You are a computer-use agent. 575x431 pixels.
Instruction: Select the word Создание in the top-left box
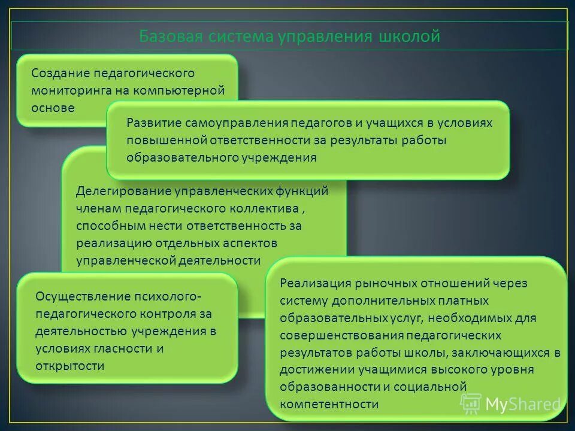59,73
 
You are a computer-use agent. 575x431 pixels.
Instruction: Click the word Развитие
153,123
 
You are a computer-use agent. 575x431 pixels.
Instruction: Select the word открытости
70,366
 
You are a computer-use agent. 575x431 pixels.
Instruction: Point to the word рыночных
382,283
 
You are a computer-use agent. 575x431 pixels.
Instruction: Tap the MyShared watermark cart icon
471,403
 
